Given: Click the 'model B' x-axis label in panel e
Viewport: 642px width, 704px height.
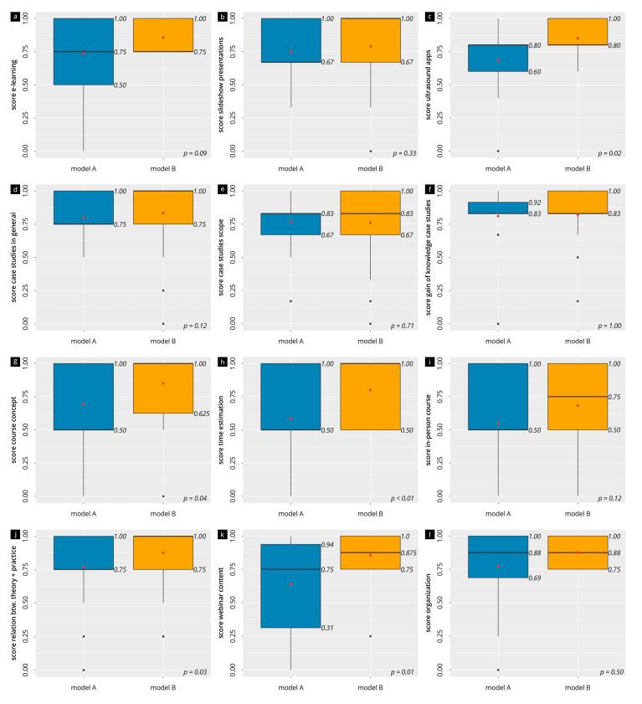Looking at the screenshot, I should point(370,341).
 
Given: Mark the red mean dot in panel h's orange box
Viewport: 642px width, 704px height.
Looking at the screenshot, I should point(370,390).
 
